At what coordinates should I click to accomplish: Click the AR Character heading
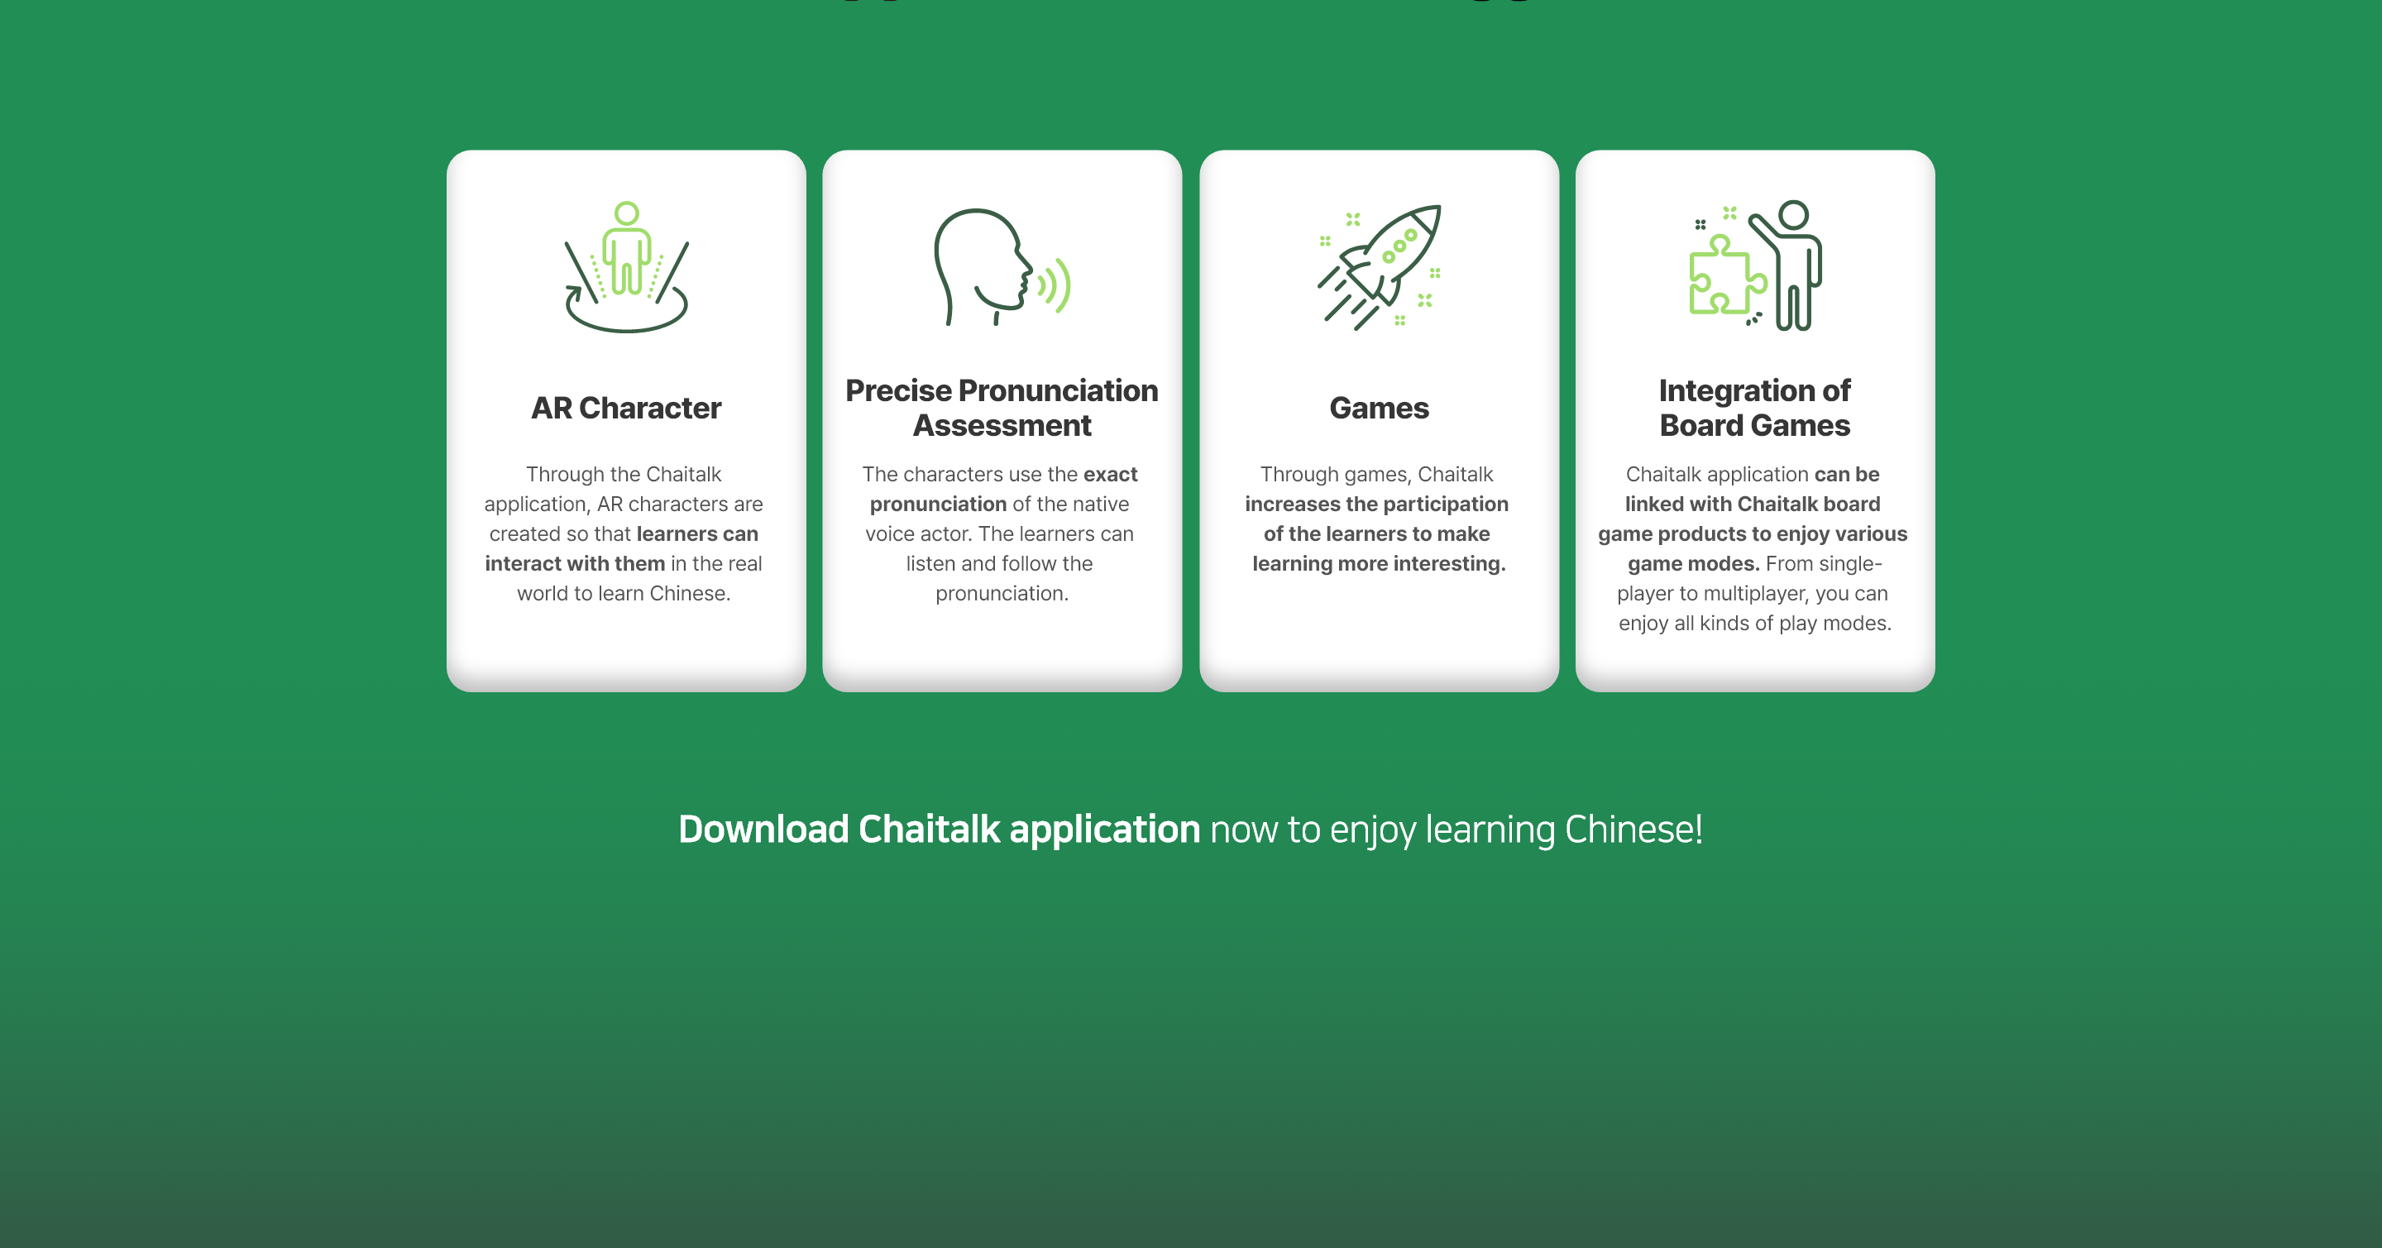(626, 408)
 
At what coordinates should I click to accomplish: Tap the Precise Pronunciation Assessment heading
(1002, 408)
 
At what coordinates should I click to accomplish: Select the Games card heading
(1379, 408)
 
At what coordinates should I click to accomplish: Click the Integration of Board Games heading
(1754, 408)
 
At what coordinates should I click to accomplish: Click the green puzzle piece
(1725, 275)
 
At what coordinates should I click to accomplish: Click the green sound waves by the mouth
(1055, 285)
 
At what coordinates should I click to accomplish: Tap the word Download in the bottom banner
(763, 830)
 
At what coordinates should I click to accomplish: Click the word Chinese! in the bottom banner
(1633, 830)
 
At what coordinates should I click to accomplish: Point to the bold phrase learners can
(697, 533)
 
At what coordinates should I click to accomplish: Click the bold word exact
(1111, 474)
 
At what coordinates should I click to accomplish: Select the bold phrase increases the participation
(1377, 504)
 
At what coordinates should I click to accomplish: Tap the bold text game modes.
(1693, 563)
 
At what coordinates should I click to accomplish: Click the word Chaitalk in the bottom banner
(930, 830)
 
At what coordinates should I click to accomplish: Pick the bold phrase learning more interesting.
(1379, 563)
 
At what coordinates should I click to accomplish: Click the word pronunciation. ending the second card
(1002, 594)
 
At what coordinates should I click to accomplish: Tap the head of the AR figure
(627, 213)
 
